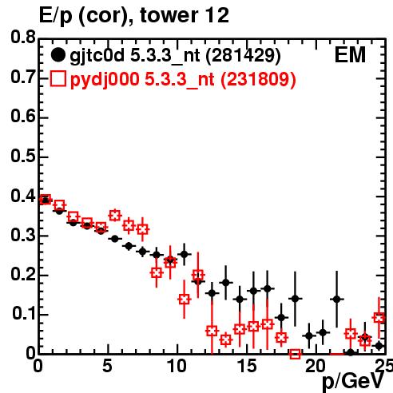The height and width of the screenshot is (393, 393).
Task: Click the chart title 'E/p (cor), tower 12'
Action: click(134, 16)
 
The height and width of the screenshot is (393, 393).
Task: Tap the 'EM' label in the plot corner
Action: click(350, 55)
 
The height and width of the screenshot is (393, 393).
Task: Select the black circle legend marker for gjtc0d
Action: click(58, 55)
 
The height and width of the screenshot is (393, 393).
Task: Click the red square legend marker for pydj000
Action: click(58, 79)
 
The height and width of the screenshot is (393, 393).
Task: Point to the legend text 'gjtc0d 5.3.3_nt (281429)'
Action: click(175, 56)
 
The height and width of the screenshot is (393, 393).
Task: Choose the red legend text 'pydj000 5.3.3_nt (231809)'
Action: click(183, 80)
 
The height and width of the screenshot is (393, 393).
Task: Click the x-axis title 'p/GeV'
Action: click(354, 382)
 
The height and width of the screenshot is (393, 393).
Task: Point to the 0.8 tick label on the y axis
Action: click(23, 37)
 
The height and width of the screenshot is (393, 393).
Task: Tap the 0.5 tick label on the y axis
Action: click(23, 156)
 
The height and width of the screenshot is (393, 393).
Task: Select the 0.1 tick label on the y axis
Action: click(24, 314)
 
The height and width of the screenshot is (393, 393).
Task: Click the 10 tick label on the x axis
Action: click(177, 366)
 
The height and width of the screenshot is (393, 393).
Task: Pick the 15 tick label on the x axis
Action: click(247, 366)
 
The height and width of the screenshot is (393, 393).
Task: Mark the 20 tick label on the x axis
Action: click(316, 366)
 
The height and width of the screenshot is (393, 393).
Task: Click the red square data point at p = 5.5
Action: click(115, 215)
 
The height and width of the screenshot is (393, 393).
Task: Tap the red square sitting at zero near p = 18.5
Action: click(295, 354)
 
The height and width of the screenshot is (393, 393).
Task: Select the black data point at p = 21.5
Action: click(337, 299)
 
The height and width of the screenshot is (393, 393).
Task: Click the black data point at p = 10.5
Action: click(185, 254)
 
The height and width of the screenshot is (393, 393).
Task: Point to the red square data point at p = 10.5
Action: click(185, 300)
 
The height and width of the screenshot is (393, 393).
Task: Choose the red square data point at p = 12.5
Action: click(212, 331)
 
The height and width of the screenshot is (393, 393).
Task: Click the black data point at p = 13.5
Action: click(226, 283)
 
